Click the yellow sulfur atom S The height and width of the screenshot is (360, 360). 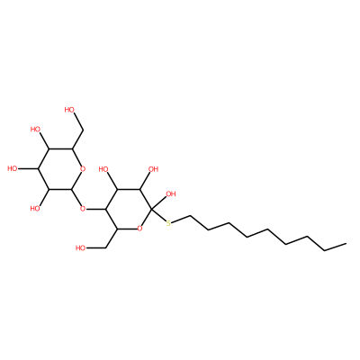[x=168, y=223]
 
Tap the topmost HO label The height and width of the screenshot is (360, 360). [x=69, y=110]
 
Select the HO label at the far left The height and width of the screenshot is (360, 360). [x=13, y=168]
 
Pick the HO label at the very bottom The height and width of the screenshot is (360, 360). [x=81, y=248]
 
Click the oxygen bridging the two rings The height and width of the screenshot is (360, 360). [x=83, y=208]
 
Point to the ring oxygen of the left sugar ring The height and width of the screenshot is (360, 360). [x=83, y=169]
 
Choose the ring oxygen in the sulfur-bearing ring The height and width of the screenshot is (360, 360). [x=139, y=229]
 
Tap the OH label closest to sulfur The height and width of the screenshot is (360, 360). [x=170, y=194]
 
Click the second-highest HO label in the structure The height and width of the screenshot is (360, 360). [x=36, y=130]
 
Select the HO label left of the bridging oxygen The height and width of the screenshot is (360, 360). [x=36, y=208]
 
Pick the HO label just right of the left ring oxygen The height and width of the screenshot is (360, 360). [x=103, y=169]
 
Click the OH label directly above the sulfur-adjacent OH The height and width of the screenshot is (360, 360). [x=153, y=169]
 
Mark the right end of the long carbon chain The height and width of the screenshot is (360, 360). [x=346, y=243]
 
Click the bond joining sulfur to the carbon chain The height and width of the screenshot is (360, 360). [x=181, y=220]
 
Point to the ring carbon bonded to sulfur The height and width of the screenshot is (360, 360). [x=150, y=209]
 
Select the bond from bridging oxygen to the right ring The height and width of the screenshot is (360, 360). [x=96, y=209]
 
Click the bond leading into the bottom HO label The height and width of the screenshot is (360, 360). [x=96, y=248]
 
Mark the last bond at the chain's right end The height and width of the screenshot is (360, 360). [x=336, y=247]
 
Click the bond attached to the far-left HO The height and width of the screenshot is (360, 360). [x=28, y=168]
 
